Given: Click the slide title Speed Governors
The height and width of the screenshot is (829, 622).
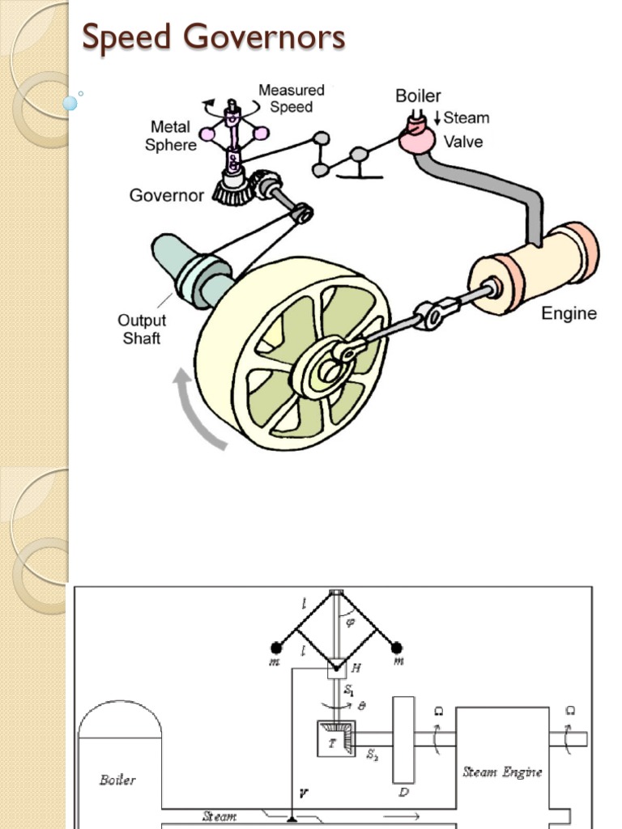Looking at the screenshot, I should [214, 37].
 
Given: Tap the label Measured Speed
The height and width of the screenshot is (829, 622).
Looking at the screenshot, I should [292, 98].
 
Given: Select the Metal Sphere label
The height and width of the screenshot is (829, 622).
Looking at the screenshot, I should [171, 136].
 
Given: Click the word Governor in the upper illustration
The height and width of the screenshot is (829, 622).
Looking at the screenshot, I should [167, 195].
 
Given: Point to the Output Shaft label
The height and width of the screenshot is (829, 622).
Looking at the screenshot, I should [142, 329].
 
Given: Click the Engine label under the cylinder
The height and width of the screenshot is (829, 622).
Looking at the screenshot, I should [569, 313].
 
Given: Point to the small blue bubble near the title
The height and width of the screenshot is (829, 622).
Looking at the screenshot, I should [70, 103].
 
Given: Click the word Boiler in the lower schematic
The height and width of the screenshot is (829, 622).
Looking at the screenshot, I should [117, 780].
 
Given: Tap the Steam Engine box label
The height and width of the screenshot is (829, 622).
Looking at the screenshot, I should [503, 772].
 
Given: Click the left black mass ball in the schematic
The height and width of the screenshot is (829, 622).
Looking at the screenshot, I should [276, 647].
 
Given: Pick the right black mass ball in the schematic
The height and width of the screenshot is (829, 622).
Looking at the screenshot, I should [396, 647].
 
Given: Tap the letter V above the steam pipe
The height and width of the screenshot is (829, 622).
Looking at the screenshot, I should [303, 794].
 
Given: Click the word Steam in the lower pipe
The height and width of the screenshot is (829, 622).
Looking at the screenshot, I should [219, 816].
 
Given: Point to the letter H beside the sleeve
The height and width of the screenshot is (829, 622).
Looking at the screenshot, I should [356, 668].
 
